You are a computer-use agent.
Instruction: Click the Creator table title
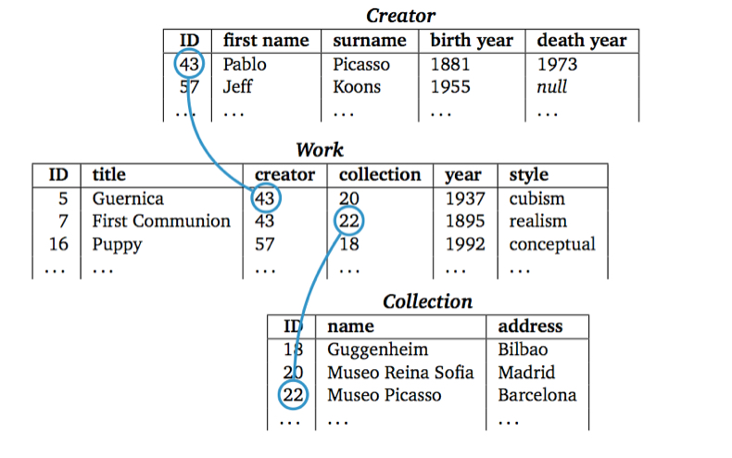(400, 15)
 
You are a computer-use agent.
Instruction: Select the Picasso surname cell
(361, 65)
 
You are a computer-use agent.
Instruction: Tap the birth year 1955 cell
(450, 87)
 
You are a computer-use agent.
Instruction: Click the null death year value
(551, 87)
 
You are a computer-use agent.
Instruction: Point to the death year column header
(581, 41)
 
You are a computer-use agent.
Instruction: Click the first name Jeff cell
(237, 87)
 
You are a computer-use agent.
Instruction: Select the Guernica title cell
(128, 198)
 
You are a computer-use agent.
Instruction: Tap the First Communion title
(161, 221)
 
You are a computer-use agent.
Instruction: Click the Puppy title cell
(117, 245)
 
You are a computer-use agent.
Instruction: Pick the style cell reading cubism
(536, 198)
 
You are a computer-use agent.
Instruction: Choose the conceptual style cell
(552, 245)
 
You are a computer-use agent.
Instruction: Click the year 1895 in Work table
(465, 221)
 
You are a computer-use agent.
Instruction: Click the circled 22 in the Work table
(349, 221)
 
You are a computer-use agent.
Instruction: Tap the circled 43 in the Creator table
(189, 65)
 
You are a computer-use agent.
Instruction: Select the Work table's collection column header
(380, 174)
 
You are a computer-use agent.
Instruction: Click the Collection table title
(427, 301)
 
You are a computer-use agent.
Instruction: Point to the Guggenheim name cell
(378, 350)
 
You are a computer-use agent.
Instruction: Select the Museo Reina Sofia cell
(400, 373)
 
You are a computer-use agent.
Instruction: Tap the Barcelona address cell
(536, 395)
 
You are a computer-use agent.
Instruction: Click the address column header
(530, 326)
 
